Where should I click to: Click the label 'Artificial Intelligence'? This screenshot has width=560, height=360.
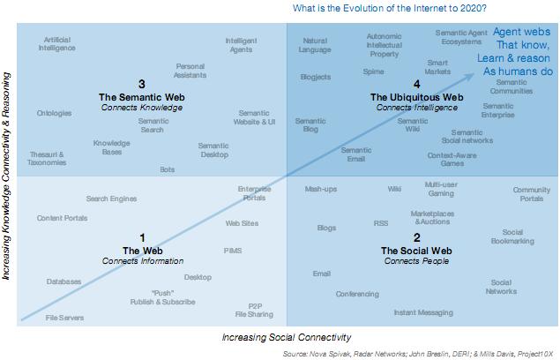tap(57, 44)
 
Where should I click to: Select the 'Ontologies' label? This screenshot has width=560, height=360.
tap(55, 114)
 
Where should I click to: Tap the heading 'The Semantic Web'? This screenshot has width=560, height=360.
tap(141, 97)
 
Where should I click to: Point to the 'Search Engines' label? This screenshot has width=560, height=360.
tap(111, 199)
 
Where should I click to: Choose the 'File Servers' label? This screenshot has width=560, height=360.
tap(64, 318)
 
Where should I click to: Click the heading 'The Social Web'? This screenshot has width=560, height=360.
tap(416, 251)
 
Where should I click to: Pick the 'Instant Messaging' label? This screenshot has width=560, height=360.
tap(422, 312)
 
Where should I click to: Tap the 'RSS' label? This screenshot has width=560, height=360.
tap(381, 223)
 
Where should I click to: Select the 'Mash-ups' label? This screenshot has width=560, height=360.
tap(321, 189)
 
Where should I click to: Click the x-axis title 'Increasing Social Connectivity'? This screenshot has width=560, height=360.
tap(287, 337)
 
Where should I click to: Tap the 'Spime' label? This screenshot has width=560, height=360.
tap(373, 71)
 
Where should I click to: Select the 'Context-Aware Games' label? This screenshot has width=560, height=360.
tap(452, 159)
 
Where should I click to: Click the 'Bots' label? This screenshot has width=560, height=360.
tap(168, 169)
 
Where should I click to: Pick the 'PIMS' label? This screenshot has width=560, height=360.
tap(233, 251)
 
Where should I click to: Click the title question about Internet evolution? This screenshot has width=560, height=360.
tap(389, 9)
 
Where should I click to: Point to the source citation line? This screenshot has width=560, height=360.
tap(419, 353)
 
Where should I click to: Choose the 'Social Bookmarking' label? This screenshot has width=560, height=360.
tap(512, 236)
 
